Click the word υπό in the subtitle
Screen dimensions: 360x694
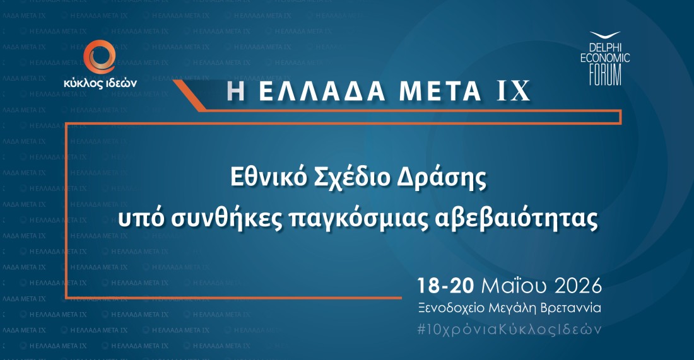point(141,219)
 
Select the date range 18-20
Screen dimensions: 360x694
point(446,286)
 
